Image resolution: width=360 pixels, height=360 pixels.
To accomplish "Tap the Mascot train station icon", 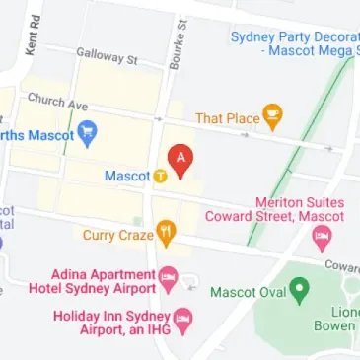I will [x=159, y=177].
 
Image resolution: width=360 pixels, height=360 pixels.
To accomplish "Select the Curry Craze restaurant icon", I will [x=168, y=234].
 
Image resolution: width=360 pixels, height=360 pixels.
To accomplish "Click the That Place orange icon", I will [x=272, y=118].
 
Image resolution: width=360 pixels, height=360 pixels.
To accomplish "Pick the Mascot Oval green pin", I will [x=299, y=292].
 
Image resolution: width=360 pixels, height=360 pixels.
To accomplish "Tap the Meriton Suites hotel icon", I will [x=321, y=238].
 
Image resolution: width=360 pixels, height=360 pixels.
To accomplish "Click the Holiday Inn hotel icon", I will [x=183, y=320].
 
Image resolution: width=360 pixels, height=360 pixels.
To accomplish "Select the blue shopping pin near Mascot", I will [x=87, y=131].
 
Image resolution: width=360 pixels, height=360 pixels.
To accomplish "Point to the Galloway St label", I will [x=108, y=59].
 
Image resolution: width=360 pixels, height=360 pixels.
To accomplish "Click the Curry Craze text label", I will [x=116, y=236].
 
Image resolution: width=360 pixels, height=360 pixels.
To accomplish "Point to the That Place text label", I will [x=227, y=119].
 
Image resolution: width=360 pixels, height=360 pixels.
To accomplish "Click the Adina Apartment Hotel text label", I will [x=105, y=281].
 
